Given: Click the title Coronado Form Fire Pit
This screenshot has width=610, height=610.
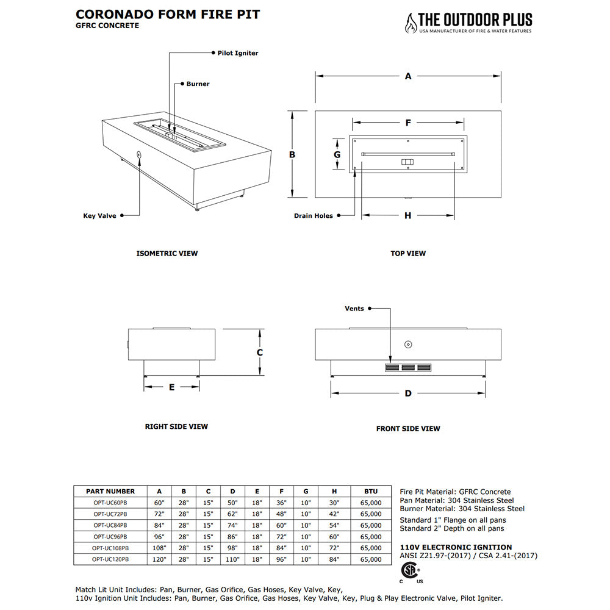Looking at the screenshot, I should [168, 14].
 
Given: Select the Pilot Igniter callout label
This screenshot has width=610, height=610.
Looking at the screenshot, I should [237, 53].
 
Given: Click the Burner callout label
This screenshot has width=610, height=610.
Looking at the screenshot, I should [198, 84].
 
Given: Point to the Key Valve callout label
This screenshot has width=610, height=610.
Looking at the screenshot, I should [99, 215].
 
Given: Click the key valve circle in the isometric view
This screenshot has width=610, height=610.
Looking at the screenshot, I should [139, 156].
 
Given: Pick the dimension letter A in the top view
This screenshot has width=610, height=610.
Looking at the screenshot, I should [408, 76].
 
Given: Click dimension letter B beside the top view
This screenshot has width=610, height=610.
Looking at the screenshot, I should [292, 155].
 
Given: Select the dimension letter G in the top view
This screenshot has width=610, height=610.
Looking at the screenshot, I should [337, 155].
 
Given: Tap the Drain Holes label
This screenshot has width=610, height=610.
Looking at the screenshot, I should [314, 215].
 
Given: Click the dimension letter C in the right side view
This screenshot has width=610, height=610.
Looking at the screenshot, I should [259, 353].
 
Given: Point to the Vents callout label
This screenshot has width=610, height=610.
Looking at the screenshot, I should [354, 309].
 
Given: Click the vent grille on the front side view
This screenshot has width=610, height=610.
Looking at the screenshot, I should [408, 368].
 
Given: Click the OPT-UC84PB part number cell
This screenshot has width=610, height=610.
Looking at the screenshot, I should [110, 525].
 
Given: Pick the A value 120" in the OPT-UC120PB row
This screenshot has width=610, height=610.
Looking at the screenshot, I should [159, 559].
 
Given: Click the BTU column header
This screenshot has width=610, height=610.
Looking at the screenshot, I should [371, 491].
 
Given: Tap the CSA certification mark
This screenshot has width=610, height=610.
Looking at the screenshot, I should [411, 572].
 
